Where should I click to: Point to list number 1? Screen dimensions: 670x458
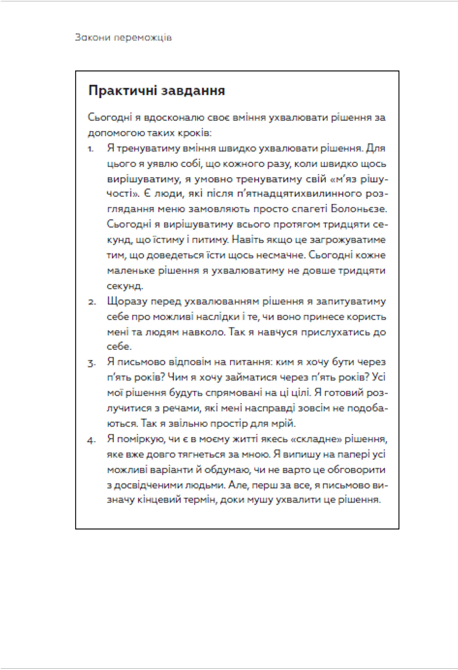[91, 149]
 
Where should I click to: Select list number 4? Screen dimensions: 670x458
[91, 440]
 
